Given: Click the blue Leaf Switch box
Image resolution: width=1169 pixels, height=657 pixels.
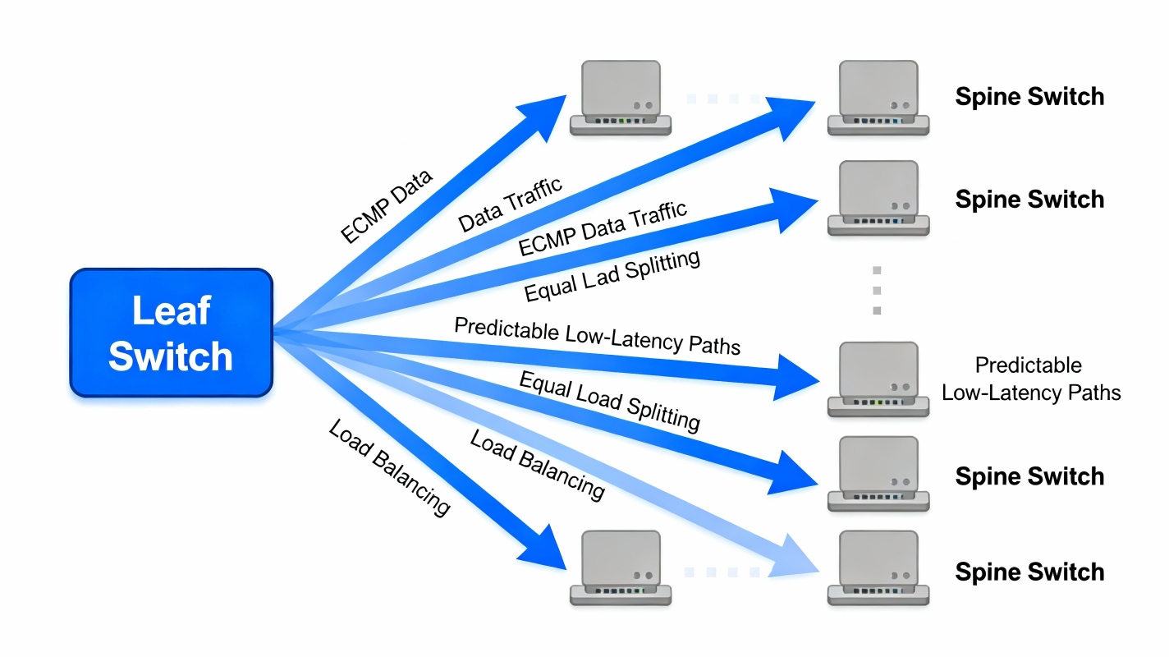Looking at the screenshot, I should (171, 333).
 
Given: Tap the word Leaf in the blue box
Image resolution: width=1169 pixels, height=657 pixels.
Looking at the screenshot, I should (171, 311).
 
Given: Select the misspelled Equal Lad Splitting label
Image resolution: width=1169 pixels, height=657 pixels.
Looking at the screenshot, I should (612, 277).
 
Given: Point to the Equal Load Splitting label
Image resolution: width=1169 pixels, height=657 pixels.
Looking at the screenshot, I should (609, 400).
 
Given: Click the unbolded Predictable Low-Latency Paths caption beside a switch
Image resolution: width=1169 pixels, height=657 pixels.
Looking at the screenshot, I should (1030, 379).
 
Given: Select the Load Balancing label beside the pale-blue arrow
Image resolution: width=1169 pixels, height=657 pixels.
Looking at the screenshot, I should (537, 464).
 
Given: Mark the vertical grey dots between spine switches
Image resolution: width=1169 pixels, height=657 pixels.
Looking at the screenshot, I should (877, 290).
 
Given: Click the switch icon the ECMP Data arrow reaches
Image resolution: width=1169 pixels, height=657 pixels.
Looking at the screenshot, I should (621, 98).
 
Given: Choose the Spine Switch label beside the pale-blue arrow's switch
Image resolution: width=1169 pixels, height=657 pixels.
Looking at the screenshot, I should (1029, 572).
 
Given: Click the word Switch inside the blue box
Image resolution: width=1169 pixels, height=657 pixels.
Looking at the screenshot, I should (171, 356).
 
